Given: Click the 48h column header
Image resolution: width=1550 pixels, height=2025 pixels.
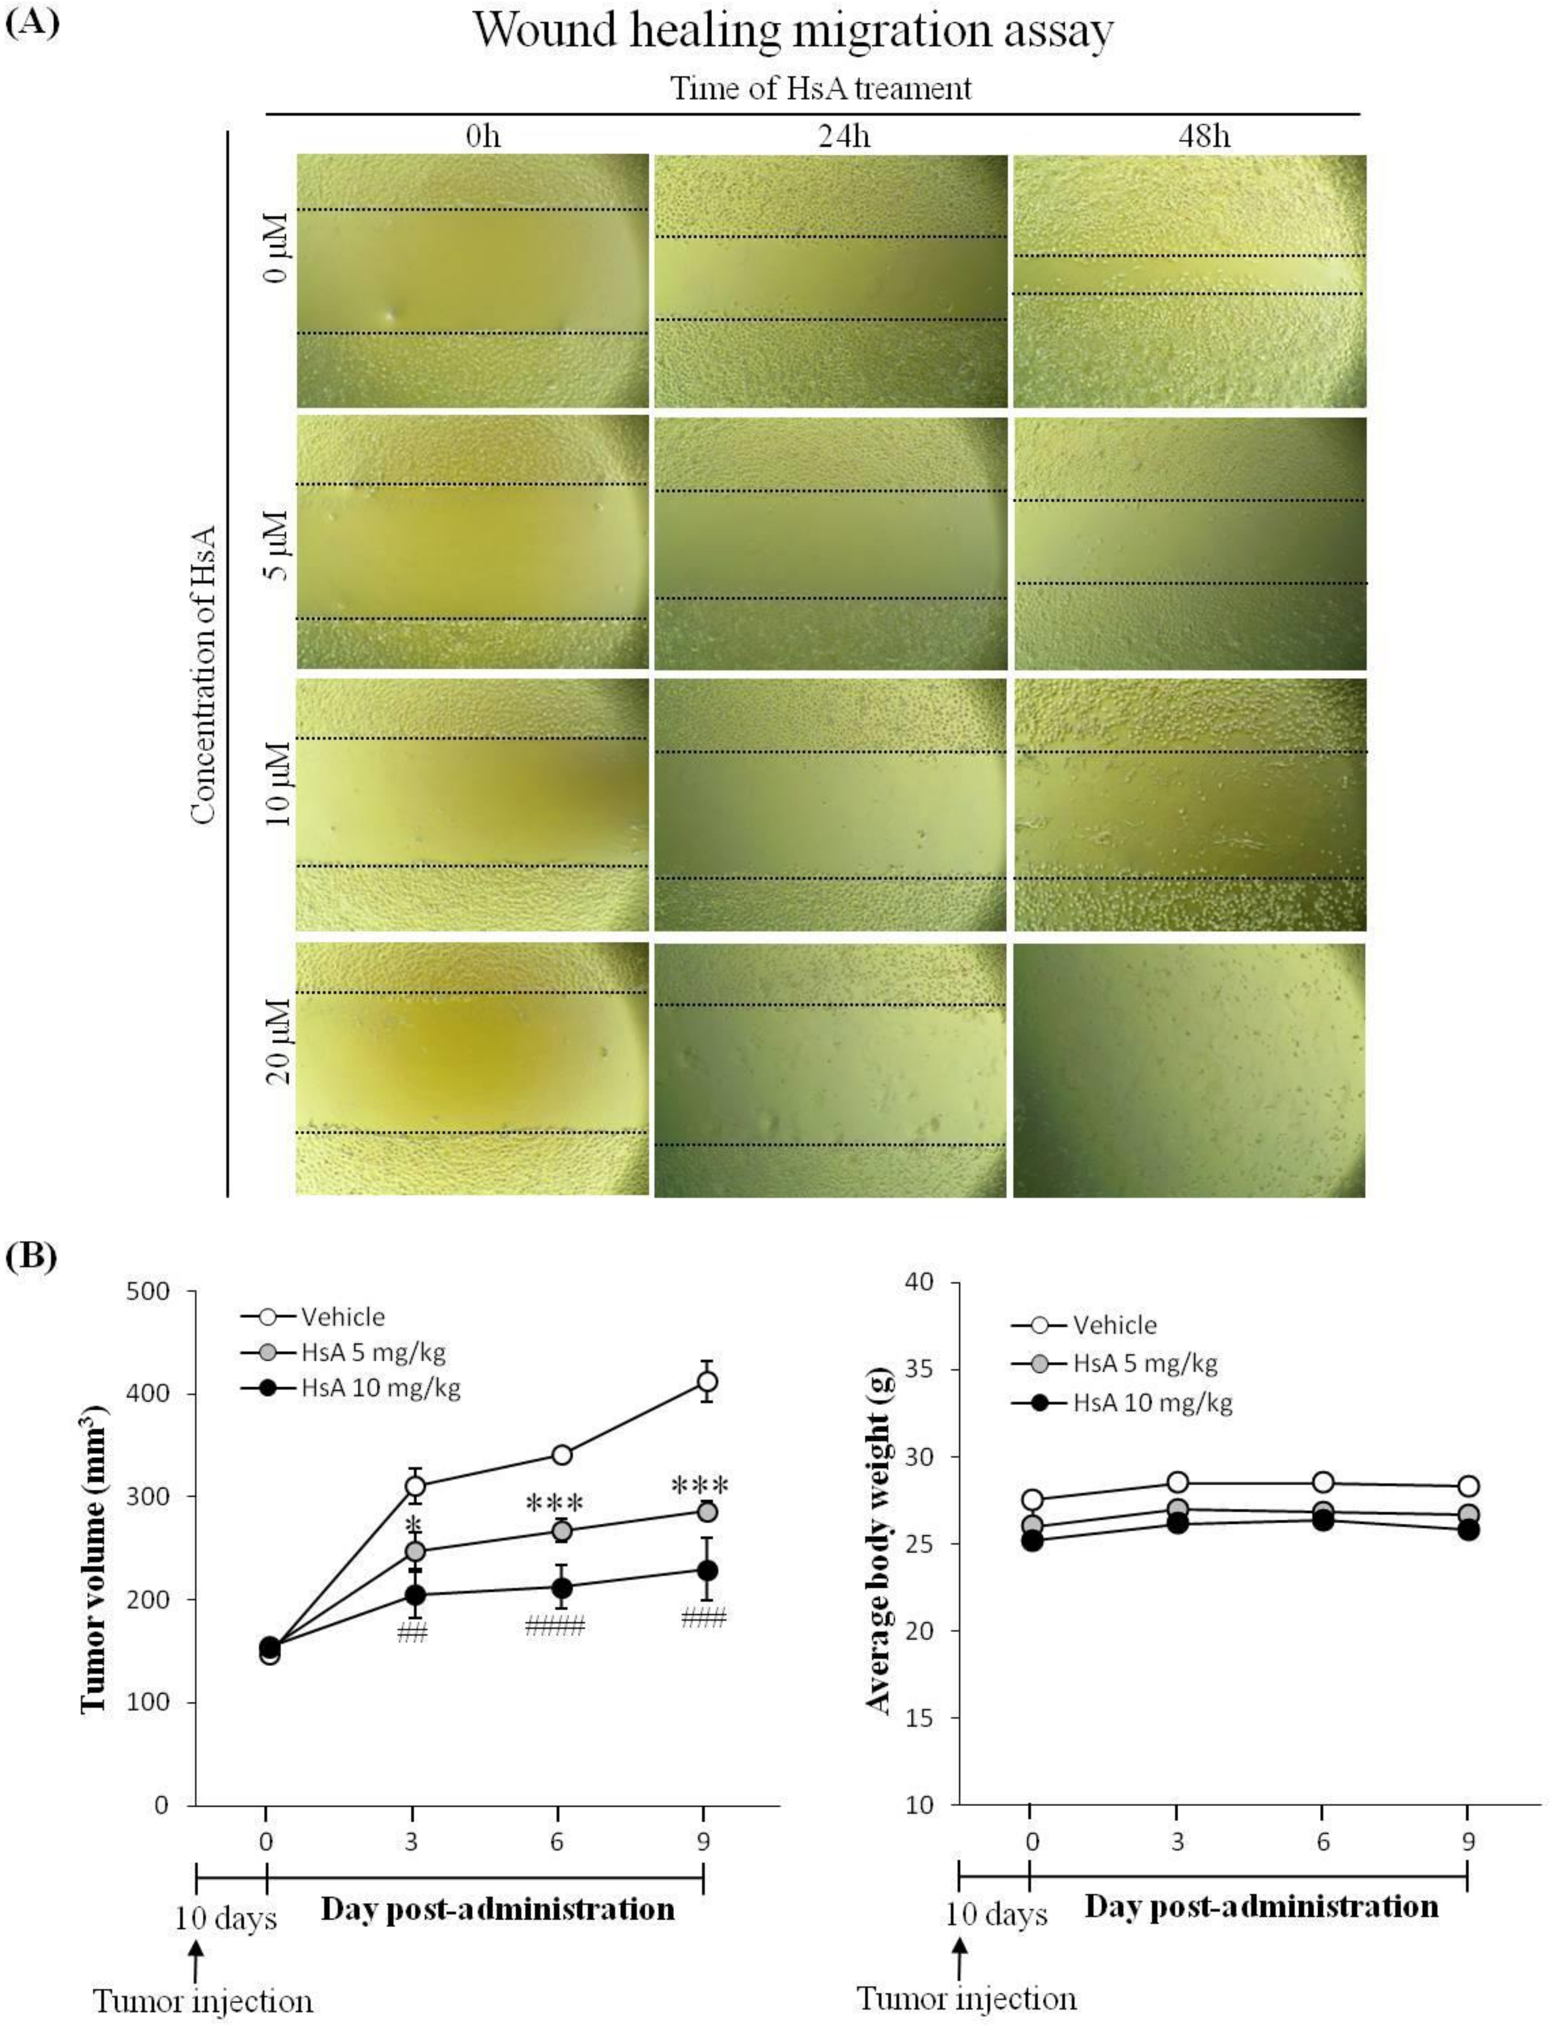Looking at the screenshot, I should pyautogui.click(x=1204, y=137).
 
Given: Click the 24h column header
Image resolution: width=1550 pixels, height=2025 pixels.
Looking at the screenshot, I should pyautogui.click(x=844, y=137).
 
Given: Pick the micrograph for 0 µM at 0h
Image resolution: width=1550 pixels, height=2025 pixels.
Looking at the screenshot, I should pyautogui.click(x=471, y=281).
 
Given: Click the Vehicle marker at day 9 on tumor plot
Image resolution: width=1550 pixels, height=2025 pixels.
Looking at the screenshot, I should pyautogui.click(x=706, y=1381).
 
